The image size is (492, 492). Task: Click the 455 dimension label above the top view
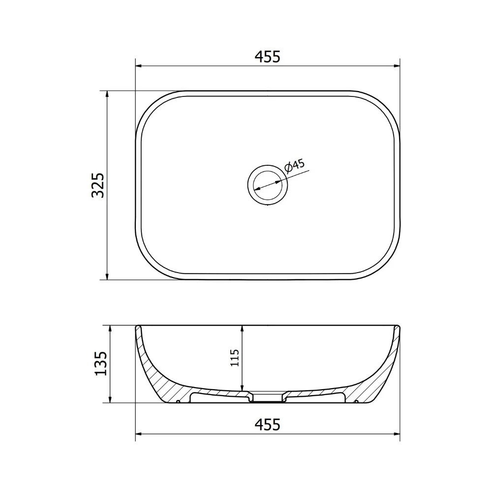coord(267,57)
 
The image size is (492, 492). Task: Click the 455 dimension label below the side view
coord(267,425)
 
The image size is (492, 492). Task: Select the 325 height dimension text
coord(97,185)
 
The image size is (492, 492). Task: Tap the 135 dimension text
coord(101,364)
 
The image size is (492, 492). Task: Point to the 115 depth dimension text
coord(235,358)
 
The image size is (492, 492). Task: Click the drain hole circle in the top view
coord(267,185)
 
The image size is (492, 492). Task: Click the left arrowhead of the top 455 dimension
coord(139,66)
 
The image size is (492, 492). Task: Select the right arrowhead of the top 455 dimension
coord(396,66)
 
